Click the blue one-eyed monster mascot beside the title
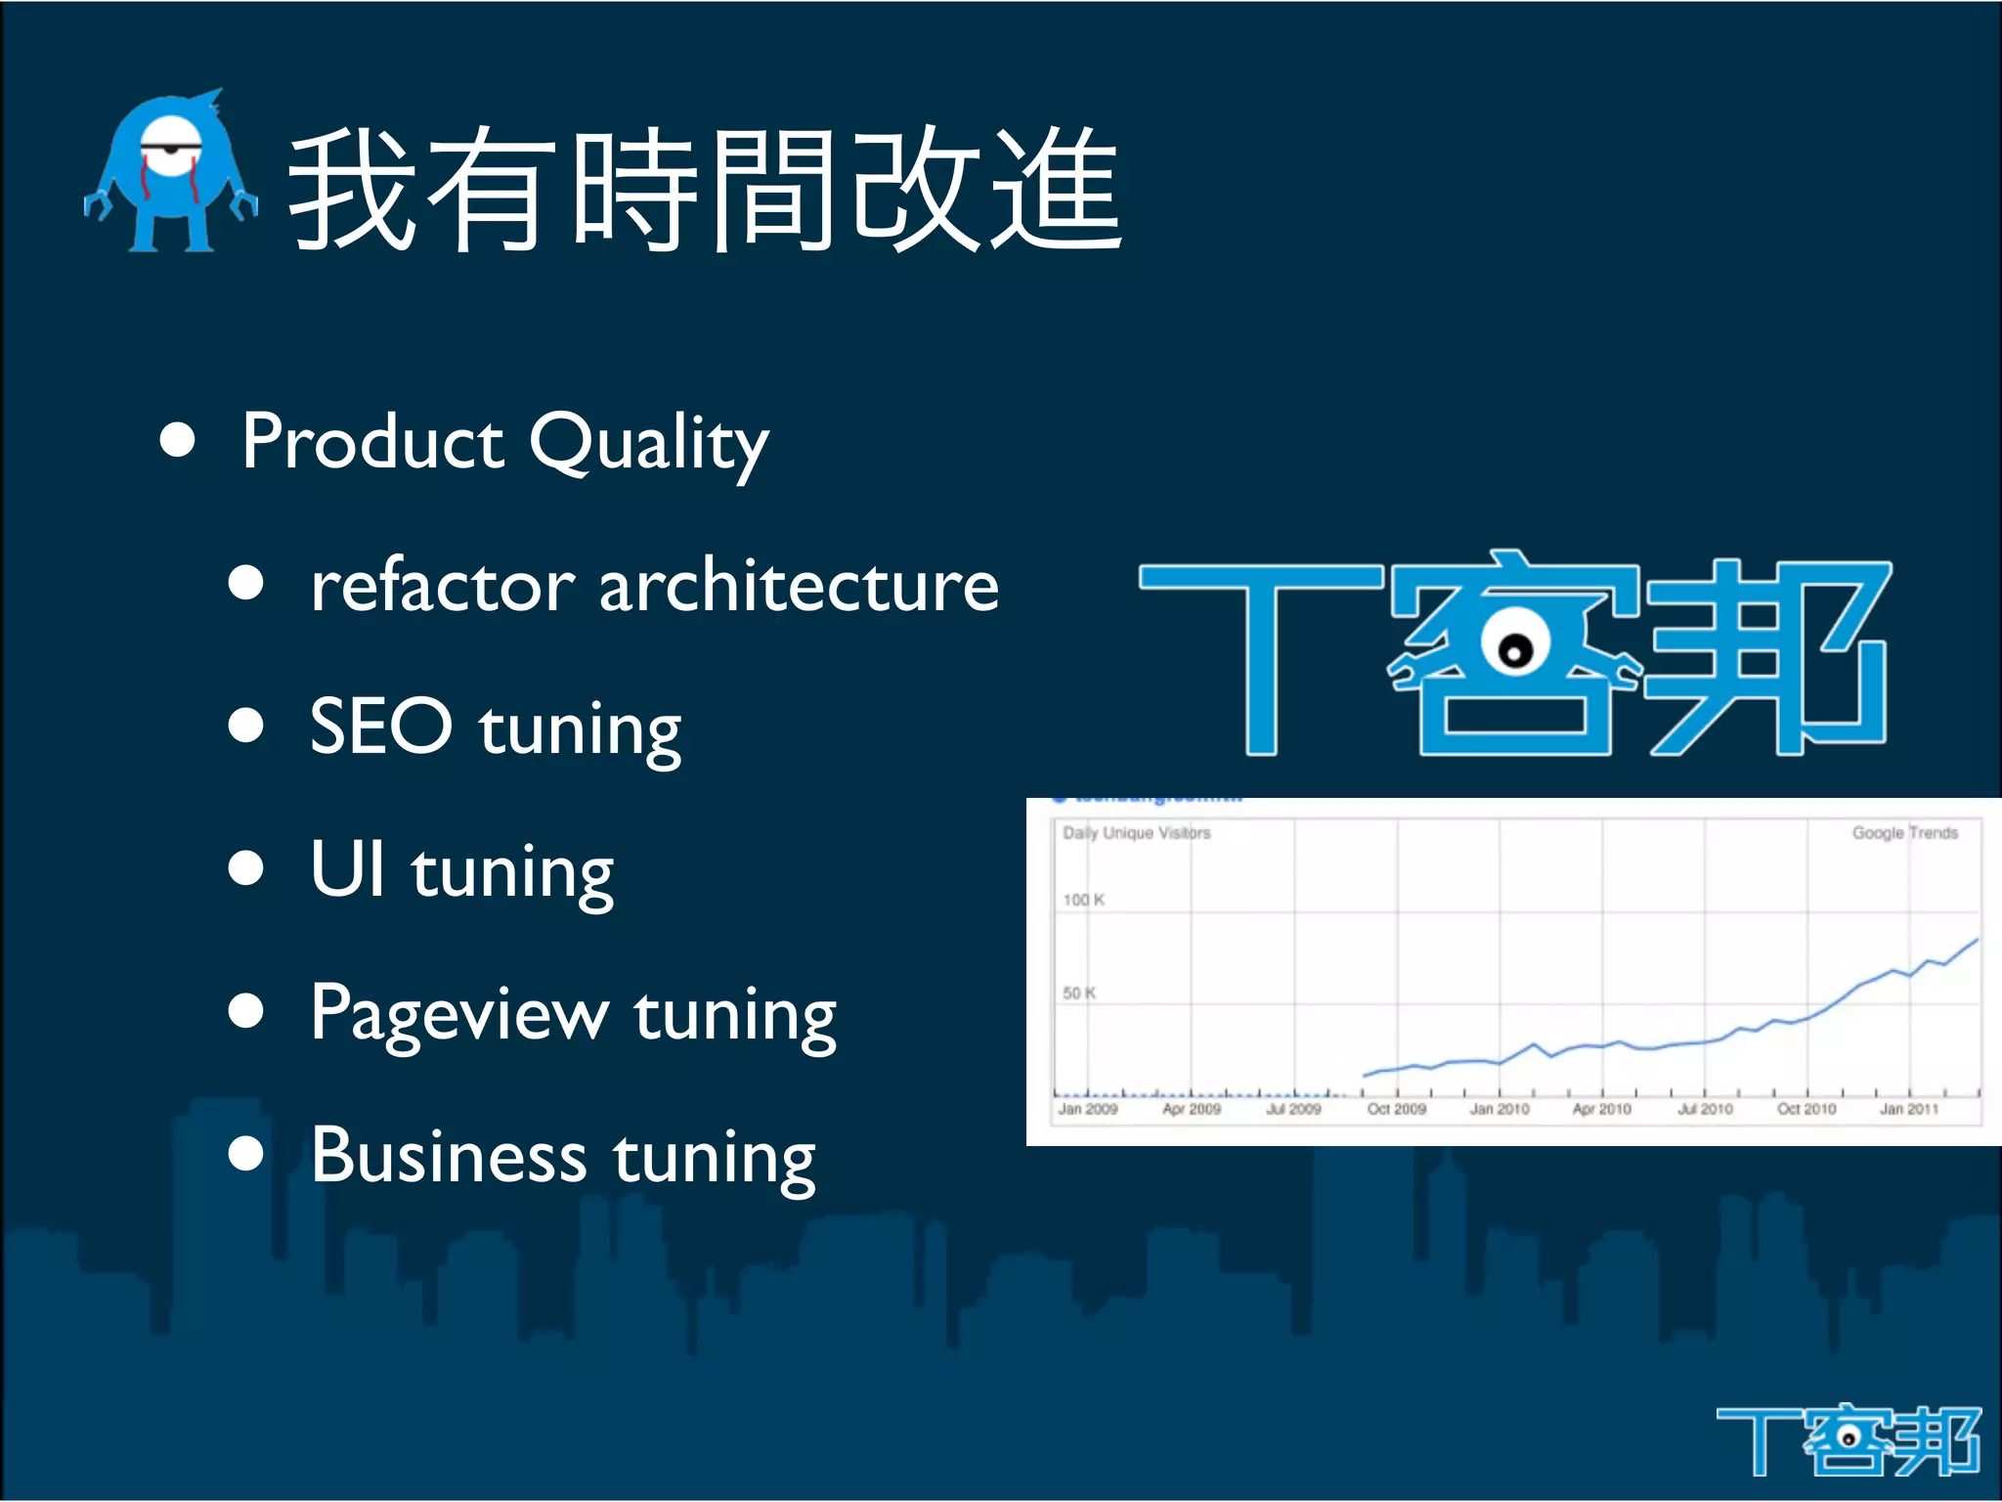171,174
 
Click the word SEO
380,726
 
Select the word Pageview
458,1015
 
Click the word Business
449,1156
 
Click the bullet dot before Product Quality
178,440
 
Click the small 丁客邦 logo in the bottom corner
1848,1439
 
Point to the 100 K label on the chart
1083,900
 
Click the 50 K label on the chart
1079,993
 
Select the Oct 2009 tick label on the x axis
1396,1109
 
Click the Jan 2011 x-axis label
1908,1109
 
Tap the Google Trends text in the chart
1904,833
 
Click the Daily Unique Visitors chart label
1136,833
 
